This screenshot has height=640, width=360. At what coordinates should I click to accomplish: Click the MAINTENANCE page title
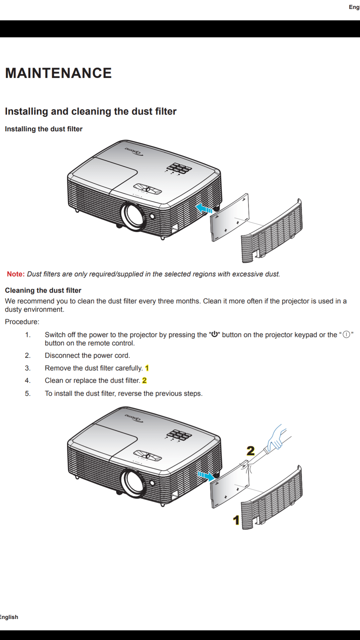59,73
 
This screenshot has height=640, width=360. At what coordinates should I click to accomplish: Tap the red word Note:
16,274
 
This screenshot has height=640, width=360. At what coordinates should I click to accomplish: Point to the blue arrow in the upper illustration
204,209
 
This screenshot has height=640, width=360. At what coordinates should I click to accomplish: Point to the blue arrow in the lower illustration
206,476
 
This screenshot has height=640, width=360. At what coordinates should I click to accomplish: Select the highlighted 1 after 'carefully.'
147,368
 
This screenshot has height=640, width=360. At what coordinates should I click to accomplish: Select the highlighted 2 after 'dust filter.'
144,380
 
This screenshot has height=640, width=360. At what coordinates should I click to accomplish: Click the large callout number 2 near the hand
251,451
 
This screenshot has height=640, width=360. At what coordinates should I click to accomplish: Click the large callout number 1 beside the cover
236,520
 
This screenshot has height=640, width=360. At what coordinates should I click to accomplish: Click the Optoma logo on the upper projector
134,151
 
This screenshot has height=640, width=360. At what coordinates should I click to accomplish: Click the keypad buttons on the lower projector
179,435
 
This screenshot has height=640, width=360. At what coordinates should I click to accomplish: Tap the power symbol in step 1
215,334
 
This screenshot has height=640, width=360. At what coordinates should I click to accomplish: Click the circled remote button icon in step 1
346,334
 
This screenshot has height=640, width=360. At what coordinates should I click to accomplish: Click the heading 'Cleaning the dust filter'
43,290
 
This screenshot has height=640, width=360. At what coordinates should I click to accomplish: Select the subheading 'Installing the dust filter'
44,129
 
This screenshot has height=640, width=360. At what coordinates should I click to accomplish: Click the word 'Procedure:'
22,322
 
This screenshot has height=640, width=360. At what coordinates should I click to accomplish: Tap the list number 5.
28,393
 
